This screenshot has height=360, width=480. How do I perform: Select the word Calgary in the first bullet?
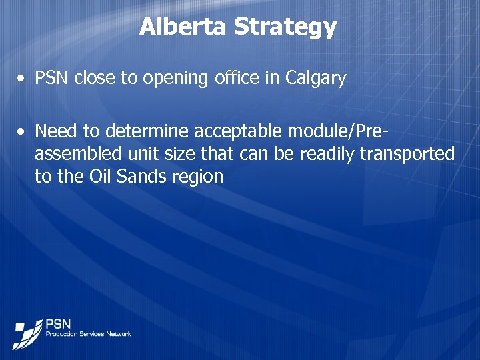(315, 79)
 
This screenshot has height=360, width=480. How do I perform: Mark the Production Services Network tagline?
(88, 334)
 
